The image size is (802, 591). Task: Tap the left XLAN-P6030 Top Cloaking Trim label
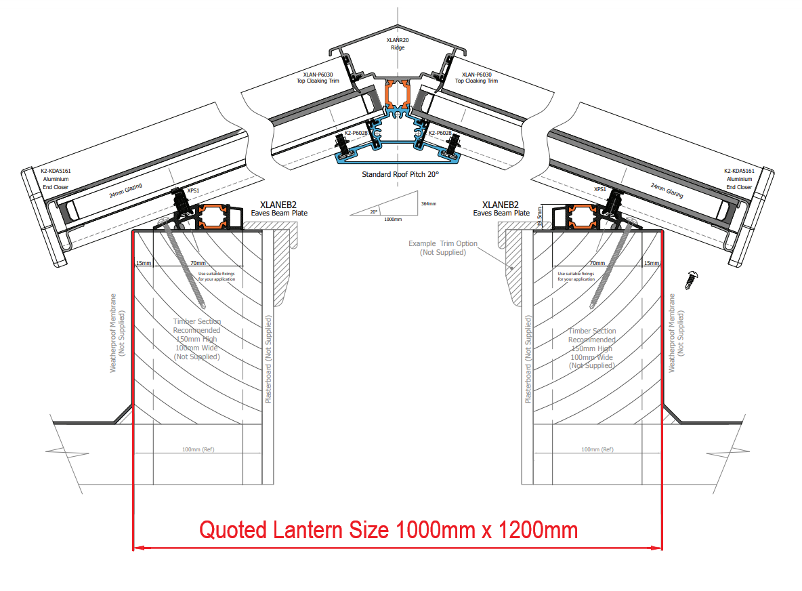pyautogui.click(x=318, y=77)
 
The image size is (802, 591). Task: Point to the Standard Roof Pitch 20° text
pyautogui.click(x=400, y=174)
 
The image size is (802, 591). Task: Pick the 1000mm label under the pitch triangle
pyautogui.click(x=392, y=219)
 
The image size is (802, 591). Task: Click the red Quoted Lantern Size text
pyautogui.click(x=388, y=529)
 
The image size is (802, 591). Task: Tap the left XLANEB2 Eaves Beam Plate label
pyautogui.click(x=279, y=208)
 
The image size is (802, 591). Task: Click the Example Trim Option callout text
pyautogui.click(x=442, y=247)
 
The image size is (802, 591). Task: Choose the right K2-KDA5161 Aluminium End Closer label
pyautogui.click(x=738, y=179)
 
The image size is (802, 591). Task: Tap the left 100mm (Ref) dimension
pyautogui.click(x=198, y=449)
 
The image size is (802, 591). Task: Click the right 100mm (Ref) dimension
pyautogui.click(x=597, y=449)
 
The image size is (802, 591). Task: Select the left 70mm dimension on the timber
pyautogui.click(x=198, y=263)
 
